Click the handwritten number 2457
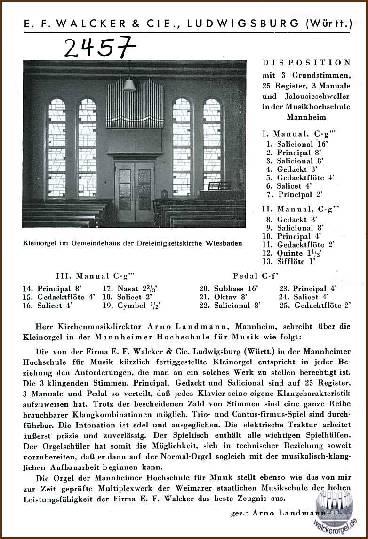pos(99,47)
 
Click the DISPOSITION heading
pos(306,63)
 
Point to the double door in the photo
pos(135,191)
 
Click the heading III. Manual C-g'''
pos(92,276)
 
